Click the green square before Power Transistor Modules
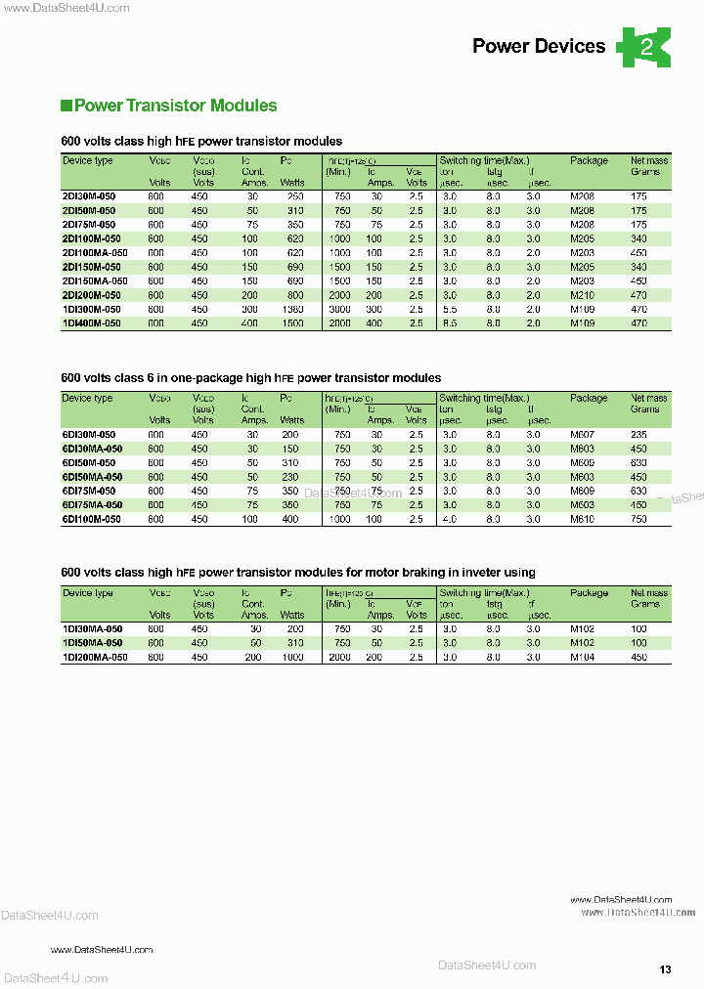tap(66, 106)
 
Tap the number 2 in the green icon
tap(645, 47)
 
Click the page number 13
tap(665, 969)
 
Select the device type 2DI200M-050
tap(91, 295)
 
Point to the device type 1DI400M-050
tap(91, 322)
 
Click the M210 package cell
tap(582, 295)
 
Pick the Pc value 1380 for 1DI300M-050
tap(292, 309)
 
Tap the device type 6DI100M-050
tap(91, 520)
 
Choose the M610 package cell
tap(582, 520)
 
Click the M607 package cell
tap(582, 435)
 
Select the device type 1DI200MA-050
tap(94, 658)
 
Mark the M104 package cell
tap(582, 658)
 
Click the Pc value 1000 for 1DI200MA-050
tap(292, 658)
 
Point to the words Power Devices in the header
tap(539, 46)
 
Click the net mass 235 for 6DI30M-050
tap(638, 435)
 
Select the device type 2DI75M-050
tap(88, 225)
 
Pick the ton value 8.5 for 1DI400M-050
tap(449, 322)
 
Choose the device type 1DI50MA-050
tap(91, 643)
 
